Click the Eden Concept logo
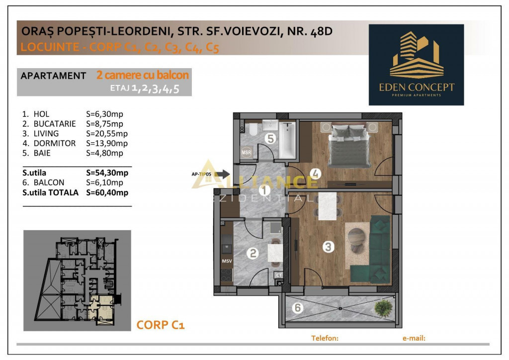[x=416, y=65]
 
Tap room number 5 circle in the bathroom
[x=270, y=138]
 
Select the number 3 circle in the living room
[x=328, y=247]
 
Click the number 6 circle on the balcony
[x=298, y=307]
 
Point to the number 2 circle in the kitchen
[x=253, y=253]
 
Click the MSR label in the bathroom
[x=247, y=152]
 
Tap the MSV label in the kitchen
[x=227, y=261]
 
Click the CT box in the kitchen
[x=279, y=275]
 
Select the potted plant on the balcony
[x=383, y=308]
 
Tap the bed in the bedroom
[x=349, y=145]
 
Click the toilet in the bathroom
[x=253, y=129]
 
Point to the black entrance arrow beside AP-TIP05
[x=222, y=174]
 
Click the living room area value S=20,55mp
[x=107, y=134]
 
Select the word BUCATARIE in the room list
[x=55, y=124]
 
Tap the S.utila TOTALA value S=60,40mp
[x=107, y=193]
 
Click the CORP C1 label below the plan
[x=161, y=325]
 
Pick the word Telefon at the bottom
[x=325, y=338]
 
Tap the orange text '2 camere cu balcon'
[x=143, y=75]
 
